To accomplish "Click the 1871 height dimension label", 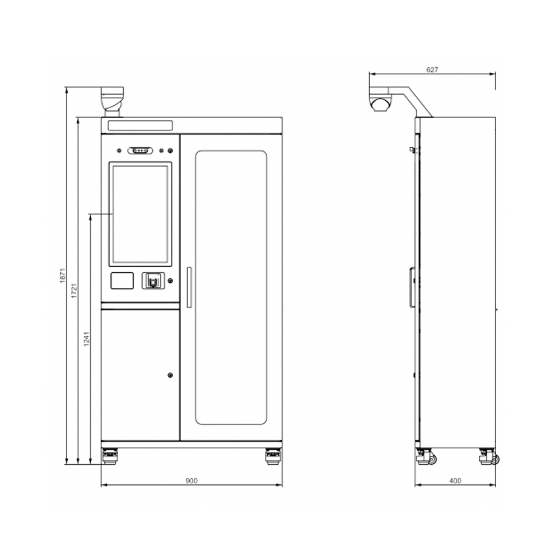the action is point(63,276).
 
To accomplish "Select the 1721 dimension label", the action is point(74,290).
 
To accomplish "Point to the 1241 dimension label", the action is point(86,339).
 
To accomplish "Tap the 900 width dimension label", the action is point(192,480).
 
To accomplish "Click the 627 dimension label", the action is point(432,69).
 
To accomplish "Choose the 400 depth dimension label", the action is point(455,480).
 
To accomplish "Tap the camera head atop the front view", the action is point(113,101).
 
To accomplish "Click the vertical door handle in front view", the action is point(189,287).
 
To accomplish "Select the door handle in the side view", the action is point(412,287).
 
